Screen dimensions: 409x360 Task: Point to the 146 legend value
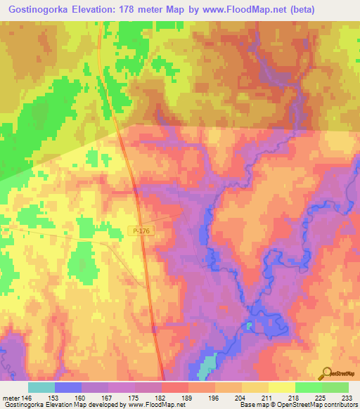[27, 398]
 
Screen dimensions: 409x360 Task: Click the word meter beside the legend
[10, 398]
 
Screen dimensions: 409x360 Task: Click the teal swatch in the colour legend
[41, 387]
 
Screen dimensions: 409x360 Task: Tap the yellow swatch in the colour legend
[282, 387]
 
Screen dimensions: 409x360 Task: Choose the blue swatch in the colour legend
[68, 387]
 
